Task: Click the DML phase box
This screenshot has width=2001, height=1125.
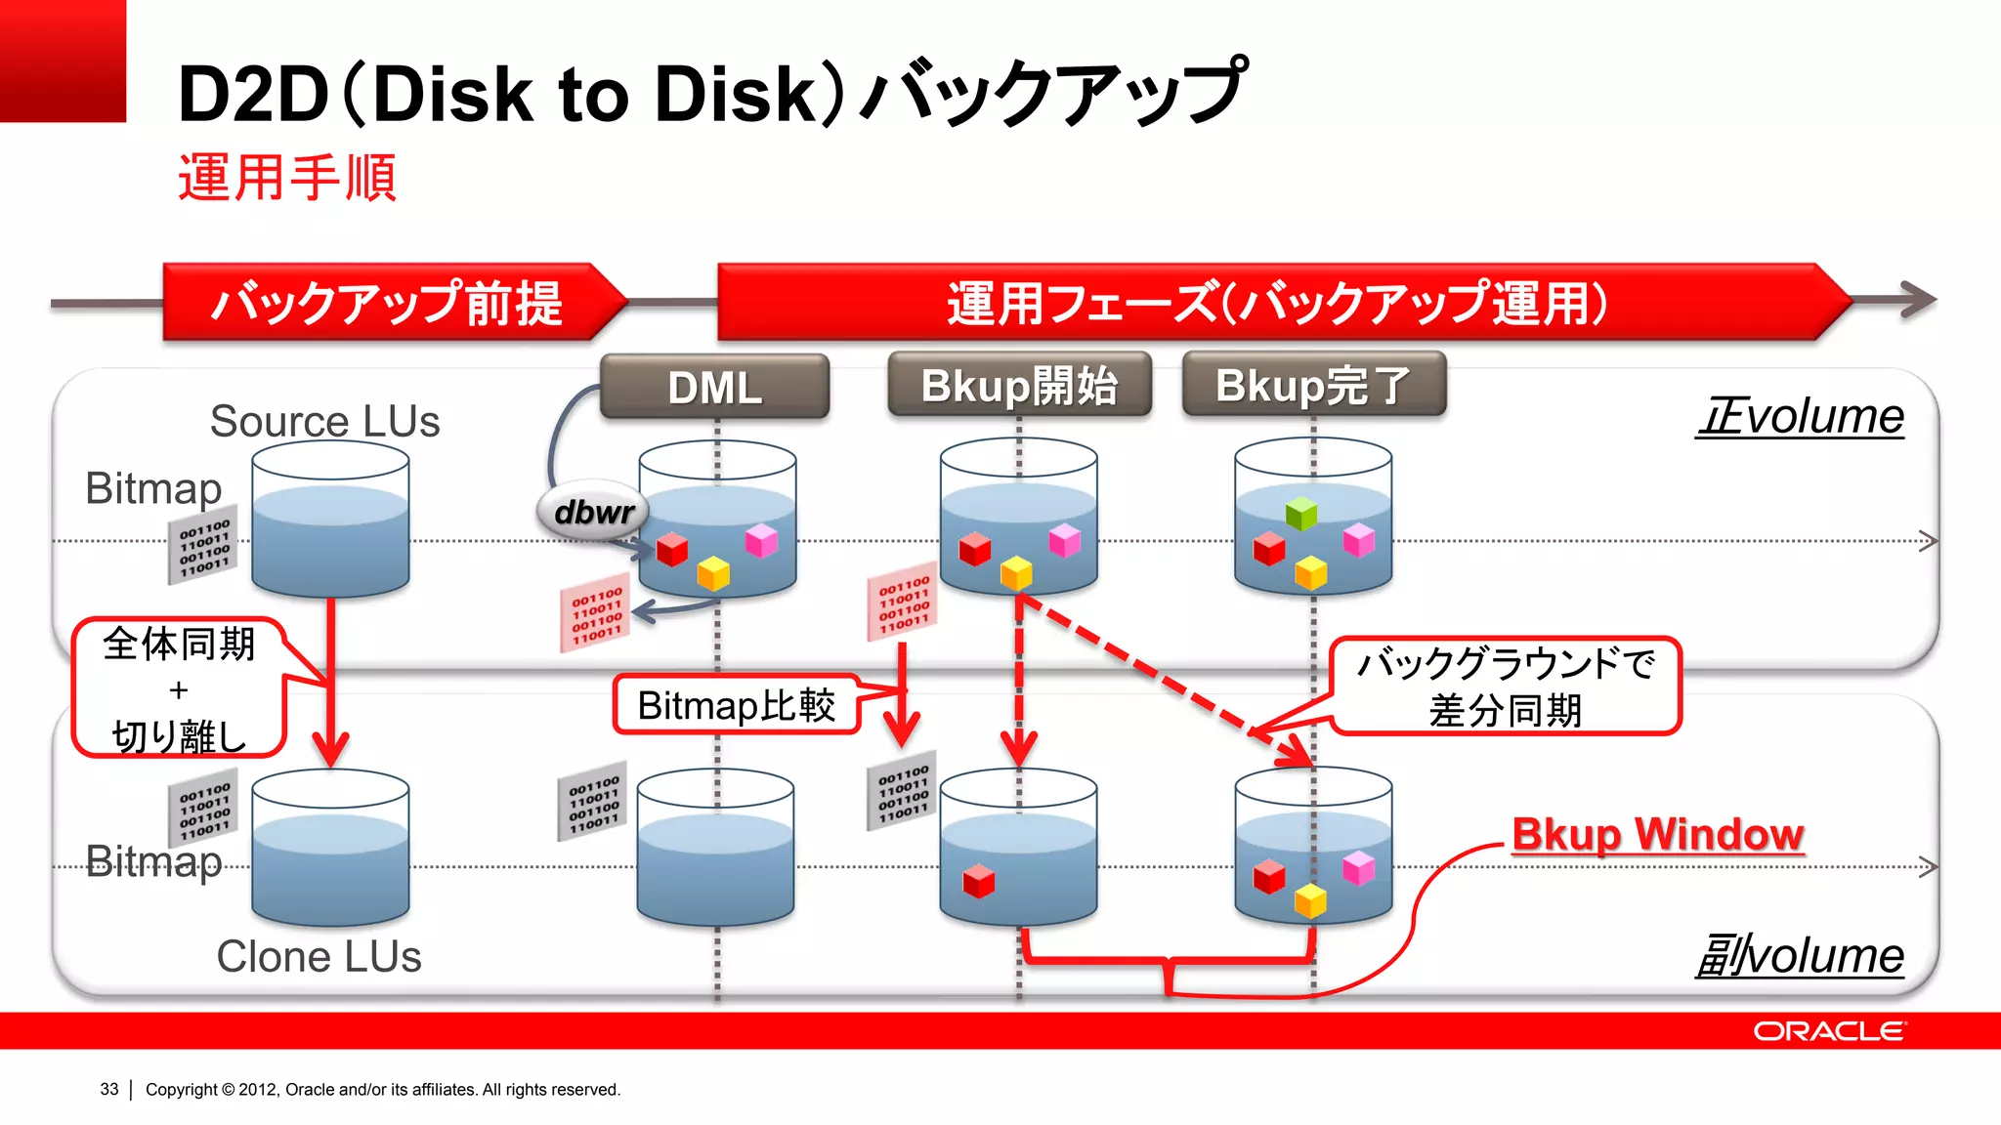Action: coord(714,388)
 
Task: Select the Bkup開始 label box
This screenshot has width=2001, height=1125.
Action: coord(1019,386)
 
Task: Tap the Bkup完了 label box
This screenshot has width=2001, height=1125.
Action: coord(1313,385)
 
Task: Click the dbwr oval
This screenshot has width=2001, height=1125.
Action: coord(593,511)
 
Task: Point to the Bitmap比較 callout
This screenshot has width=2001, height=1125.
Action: coord(737,705)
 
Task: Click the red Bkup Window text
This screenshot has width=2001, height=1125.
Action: coord(1657,835)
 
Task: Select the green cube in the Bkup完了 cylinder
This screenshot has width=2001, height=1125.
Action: coord(1301,513)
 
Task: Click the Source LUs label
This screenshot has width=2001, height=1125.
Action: coord(324,421)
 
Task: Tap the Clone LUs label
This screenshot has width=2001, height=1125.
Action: coord(319,956)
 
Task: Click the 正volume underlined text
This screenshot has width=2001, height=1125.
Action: coord(1800,417)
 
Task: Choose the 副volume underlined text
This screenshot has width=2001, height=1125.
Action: coord(1800,956)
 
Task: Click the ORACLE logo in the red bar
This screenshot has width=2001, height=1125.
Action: coord(1828,1031)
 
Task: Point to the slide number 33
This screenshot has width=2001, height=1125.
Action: coord(108,1089)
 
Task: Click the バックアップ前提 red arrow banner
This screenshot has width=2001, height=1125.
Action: coord(387,302)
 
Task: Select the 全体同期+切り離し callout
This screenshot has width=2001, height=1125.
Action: coord(178,688)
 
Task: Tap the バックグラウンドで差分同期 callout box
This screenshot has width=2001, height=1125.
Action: coord(1505,687)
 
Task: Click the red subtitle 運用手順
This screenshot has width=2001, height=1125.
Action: coord(286,178)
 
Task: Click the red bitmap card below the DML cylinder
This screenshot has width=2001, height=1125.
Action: coord(595,613)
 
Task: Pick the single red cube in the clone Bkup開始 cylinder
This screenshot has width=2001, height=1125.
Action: coord(978,881)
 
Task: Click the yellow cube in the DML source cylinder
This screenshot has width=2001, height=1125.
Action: coord(713,573)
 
